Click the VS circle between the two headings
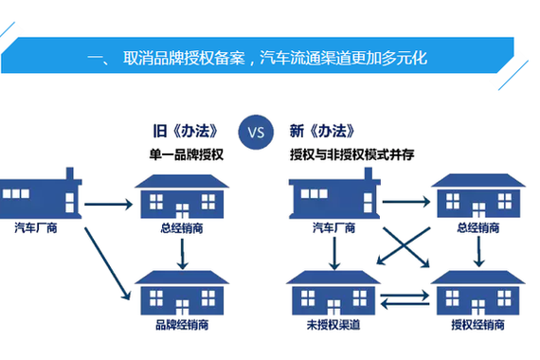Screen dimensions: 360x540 [x=256, y=131]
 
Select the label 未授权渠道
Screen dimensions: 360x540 [x=332, y=325]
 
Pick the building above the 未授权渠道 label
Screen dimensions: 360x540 [x=332, y=293]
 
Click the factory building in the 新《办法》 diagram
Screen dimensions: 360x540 [x=332, y=196]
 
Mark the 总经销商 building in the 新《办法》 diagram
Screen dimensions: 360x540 [x=478, y=197]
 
